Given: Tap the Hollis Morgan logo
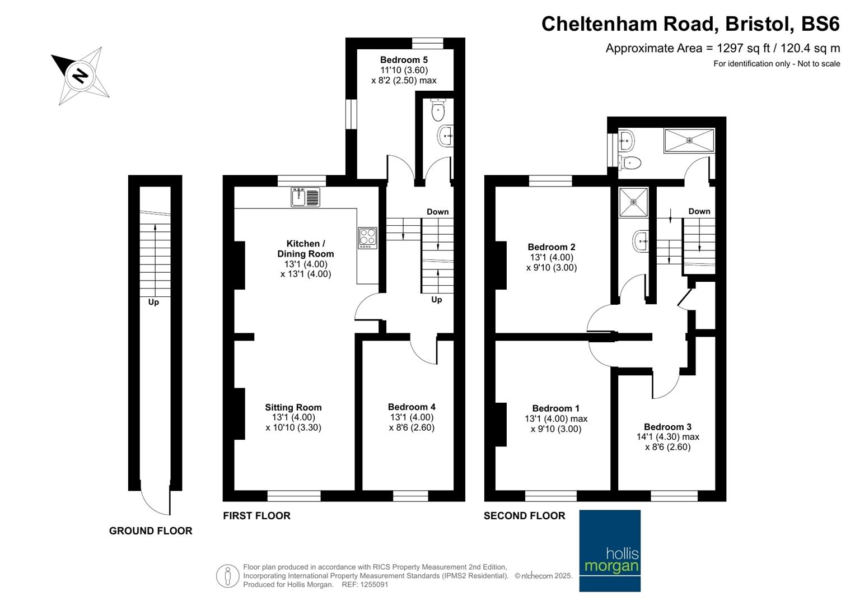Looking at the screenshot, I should tap(610, 551).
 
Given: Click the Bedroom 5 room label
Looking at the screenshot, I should tap(404, 60).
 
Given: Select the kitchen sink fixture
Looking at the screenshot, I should tap(305, 197).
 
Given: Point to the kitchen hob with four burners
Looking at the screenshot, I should tap(368, 238).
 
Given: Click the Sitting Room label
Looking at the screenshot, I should tap(293, 408).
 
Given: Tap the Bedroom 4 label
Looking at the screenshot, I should tap(412, 407).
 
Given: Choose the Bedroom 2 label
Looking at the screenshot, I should tap(552, 247).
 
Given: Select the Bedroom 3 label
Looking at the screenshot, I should tap(667, 427).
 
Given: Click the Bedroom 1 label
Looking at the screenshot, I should tap(555, 408).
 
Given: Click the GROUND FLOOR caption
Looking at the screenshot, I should tap(151, 531).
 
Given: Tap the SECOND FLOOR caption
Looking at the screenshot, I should tap(525, 516).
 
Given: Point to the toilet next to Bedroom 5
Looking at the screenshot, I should tap(438, 110).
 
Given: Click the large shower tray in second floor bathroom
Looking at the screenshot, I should tap(689, 140).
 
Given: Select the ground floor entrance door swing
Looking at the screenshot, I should tap(155, 500).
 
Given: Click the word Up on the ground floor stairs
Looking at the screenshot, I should tap(153, 302).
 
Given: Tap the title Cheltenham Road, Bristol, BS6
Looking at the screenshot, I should tap(690, 24).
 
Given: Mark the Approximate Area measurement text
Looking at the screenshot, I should tap(722, 48).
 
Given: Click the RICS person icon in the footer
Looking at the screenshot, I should tap(227, 576).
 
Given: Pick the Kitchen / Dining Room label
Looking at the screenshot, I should tap(306, 249).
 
